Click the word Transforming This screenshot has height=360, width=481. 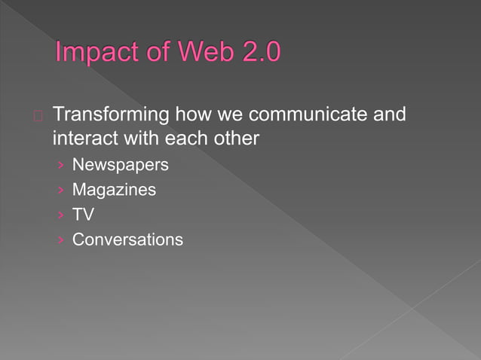[112, 116]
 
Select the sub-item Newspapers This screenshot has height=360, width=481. [120, 165]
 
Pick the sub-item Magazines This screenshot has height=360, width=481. [114, 190]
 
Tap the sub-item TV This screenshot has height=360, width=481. [83, 215]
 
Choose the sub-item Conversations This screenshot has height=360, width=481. [127, 239]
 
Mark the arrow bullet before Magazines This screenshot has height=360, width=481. [60, 191]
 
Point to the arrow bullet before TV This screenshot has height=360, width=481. [60, 215]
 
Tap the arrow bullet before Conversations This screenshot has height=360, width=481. [60, 240]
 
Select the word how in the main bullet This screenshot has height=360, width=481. [193, 115]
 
